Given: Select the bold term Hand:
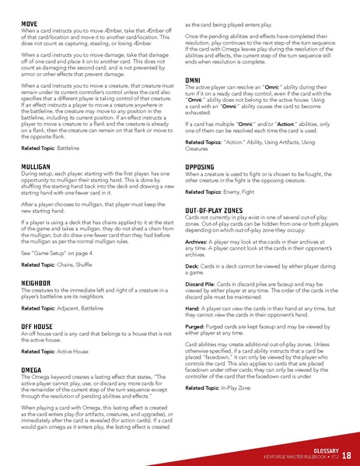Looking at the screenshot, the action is click(194, 332).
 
